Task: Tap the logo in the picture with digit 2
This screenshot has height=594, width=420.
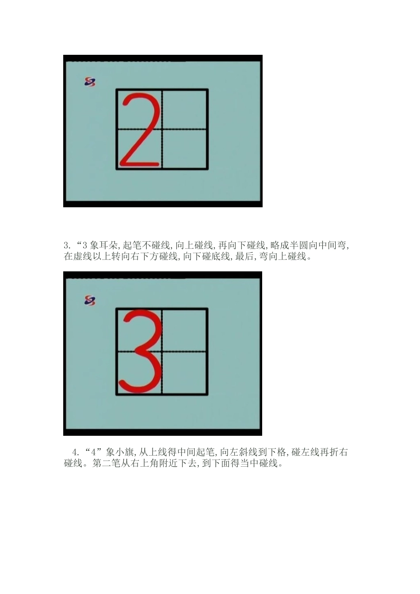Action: pos(90,82)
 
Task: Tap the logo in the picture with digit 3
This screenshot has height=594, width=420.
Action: pos(90,301)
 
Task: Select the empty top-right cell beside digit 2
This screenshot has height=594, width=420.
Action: pos(185,109)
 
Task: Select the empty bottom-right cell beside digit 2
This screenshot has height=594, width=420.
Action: pos(185,149)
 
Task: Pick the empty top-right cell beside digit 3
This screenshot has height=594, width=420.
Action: pos(185,330)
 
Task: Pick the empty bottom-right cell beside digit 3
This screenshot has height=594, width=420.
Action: pos(185,373)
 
